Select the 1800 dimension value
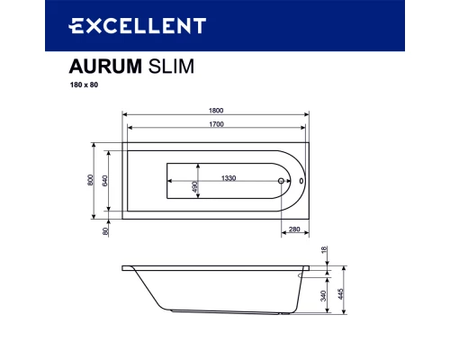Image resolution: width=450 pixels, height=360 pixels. point(216,110)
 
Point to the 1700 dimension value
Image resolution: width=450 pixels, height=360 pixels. point(216,125)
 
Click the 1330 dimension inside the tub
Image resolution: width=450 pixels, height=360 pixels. point(230,177)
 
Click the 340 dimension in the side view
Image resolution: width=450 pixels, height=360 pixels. point(324,294)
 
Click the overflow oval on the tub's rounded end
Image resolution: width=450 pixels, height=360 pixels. point(301,180)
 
